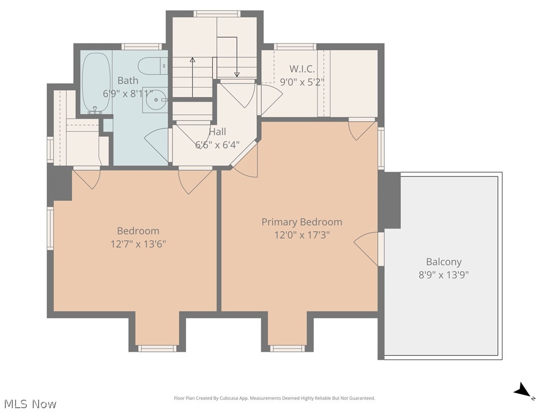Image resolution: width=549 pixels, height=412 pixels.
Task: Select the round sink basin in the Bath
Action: [x=156, y=100]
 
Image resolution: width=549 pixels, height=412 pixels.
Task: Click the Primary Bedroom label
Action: [x=302, y=222]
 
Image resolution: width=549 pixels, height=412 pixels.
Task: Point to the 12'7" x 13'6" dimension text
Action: [x=138, y=244]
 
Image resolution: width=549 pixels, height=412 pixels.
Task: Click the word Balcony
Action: [x=443, y=262]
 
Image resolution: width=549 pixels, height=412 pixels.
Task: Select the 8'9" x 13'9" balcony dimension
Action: [x=443, y=275]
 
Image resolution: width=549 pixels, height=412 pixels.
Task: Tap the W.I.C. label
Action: [x=302, y=69]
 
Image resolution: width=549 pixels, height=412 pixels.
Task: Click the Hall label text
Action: [x=218, y=132]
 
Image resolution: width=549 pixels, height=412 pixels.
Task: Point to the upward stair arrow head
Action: [x=192, y=60]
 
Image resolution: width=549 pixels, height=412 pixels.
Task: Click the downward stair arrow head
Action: [x=237, y=74]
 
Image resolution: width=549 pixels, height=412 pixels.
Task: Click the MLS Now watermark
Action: [x=28, y=404]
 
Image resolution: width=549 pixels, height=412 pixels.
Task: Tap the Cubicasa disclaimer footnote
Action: [x=274, y=398]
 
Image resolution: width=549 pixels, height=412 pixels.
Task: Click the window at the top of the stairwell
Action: [x=218, y=14]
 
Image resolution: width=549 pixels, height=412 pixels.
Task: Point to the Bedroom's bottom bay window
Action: [x=157, y=348]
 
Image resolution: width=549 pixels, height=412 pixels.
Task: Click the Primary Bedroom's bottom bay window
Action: [x=287, y=348]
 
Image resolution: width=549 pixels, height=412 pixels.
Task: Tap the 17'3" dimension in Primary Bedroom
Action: [x=316, y=235]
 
